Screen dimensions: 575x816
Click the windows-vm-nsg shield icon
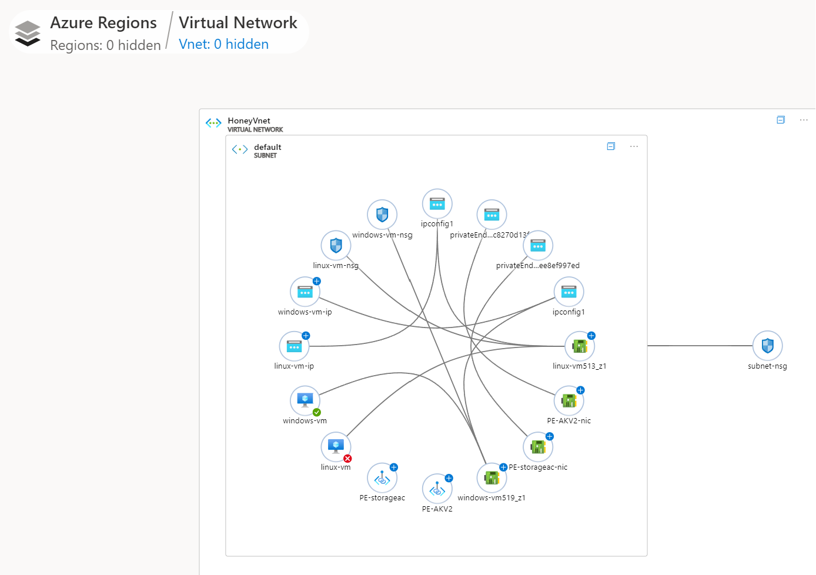[382, 215]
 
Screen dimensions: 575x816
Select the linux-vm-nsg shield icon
[336, 245]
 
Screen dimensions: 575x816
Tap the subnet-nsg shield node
[767, 346]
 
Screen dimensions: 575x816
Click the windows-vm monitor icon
[305, 400]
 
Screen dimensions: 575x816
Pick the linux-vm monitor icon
[336, 446]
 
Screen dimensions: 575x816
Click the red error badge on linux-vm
[347, 459]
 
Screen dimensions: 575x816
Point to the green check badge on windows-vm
[317, 412]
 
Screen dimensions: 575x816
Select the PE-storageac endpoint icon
[382, 478]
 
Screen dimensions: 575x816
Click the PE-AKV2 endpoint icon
[437, 489]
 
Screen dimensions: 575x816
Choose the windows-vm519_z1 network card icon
[491, 477]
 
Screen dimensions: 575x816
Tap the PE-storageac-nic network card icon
[538, 447]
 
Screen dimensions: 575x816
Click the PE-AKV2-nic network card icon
[568, 400]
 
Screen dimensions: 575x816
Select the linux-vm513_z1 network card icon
[580, 346]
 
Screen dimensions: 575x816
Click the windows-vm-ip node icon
[305, 292]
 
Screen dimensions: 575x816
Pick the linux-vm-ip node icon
[294, 346]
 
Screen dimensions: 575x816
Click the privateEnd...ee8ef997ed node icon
[538, 245]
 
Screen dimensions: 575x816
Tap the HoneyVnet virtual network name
[249, 121]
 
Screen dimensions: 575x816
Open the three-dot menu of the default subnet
[634, 146]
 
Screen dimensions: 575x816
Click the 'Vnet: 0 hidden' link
[223, 44]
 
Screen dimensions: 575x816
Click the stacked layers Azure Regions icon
[28, 33]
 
